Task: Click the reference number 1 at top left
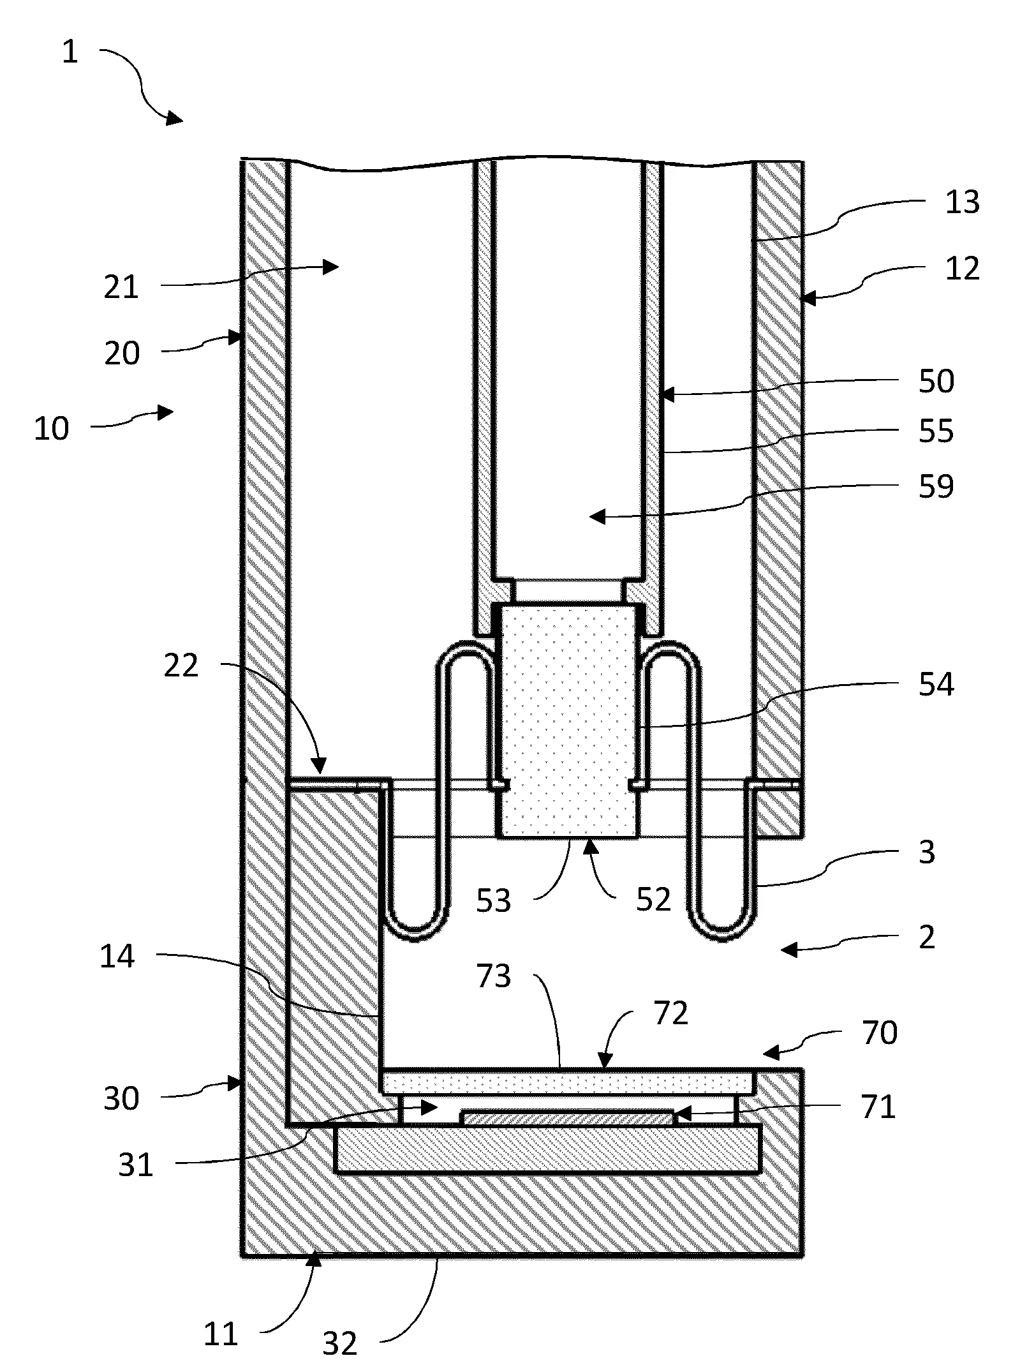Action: (x=70, y=52)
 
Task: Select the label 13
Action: (x=962, y=203)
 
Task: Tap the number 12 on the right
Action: (x=962, y=269)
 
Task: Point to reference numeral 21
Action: (x=121, y=287)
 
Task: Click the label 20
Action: (x=121, y=353)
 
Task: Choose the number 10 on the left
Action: (x=51, y=428)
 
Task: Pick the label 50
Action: (x=936, y=381)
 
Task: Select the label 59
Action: (x=936, y=486)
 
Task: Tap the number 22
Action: (x=181, y=666)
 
